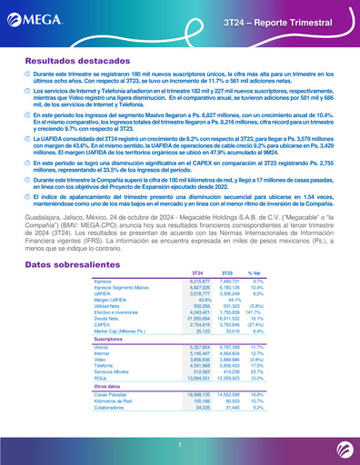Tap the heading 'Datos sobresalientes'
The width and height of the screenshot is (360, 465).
(x=59, y=236)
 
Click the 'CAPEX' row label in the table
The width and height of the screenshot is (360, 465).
(x=103, y=300)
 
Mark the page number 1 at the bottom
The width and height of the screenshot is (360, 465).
(x=180, y=443)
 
